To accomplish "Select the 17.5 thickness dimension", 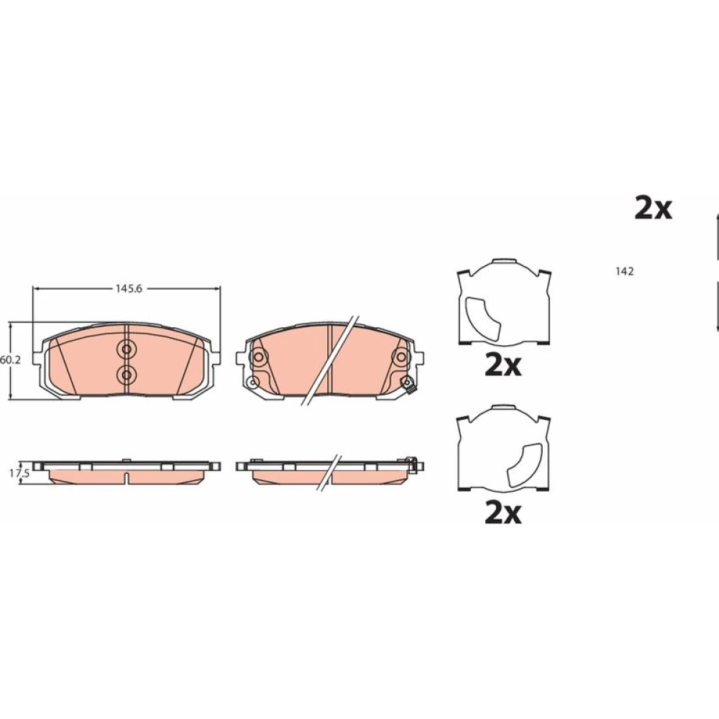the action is pos(19,474).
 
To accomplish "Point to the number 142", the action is pos(625,272).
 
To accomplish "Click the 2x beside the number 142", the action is pos(653,209).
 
